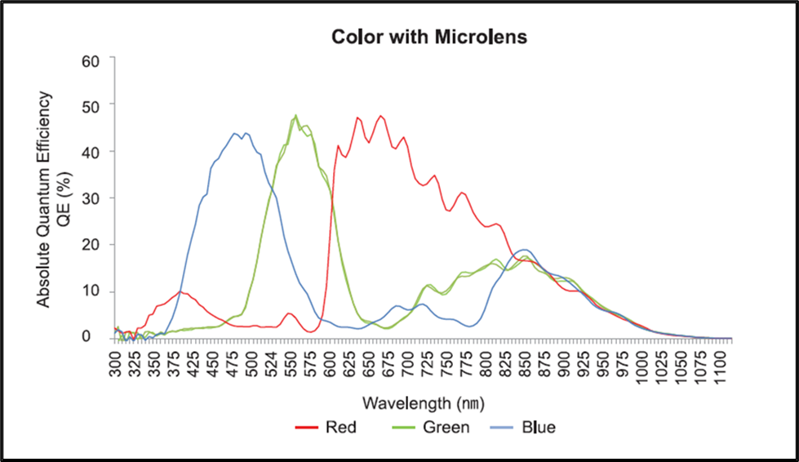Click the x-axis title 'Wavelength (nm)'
coord(424,403)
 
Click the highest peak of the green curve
coord(295,115)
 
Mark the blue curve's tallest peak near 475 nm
coord(235,133)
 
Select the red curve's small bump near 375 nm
coord(180,291)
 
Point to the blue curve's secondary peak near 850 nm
coord(525,250)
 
